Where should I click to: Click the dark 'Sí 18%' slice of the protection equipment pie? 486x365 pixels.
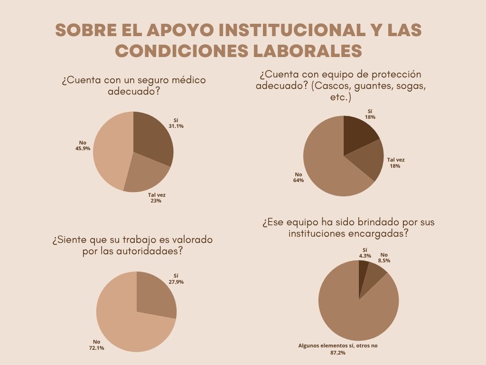(x=359, y=133)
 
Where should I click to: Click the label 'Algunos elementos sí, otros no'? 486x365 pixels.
(x=338, y=346)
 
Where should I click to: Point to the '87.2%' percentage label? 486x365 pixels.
(x=338, y=353)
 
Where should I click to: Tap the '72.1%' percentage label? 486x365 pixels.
(x=97, y=348)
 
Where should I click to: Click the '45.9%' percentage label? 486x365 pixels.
(x=83, y=148)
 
